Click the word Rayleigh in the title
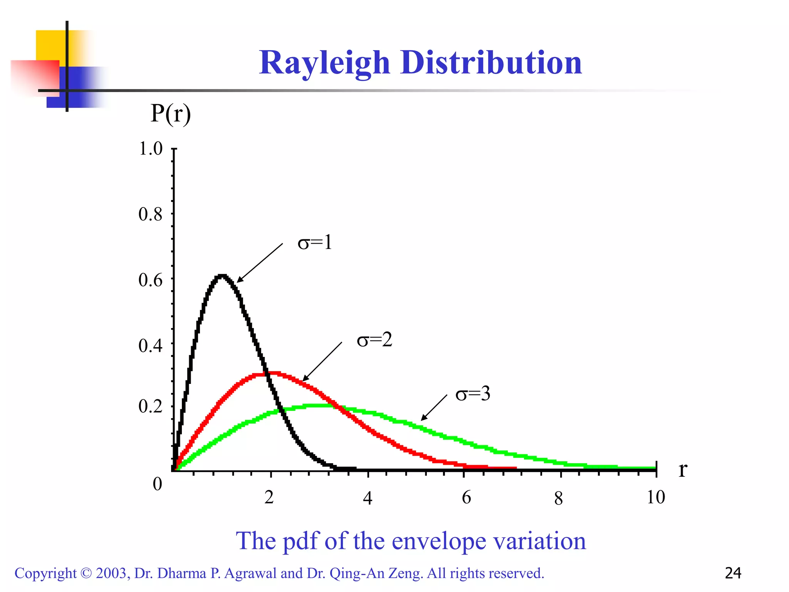coord(325,63)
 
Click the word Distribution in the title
coord(491,63)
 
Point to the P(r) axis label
coord(170,114)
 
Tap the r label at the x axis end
coord(682,469)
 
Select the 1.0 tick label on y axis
coord(151,149)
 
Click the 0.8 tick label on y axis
coord(151,214)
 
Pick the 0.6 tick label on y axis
coord(151,280)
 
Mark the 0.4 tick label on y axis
coord(151,346)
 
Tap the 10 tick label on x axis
coord(656,497)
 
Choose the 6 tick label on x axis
coord(466,498)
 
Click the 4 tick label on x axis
coord(368,498)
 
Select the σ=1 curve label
coord(315,243)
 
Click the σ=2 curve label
coord(374,340)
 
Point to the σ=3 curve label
coord(473,394)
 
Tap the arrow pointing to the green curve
coord(434,407)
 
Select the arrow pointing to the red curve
coord(322,362)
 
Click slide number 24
coord(733,573)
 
